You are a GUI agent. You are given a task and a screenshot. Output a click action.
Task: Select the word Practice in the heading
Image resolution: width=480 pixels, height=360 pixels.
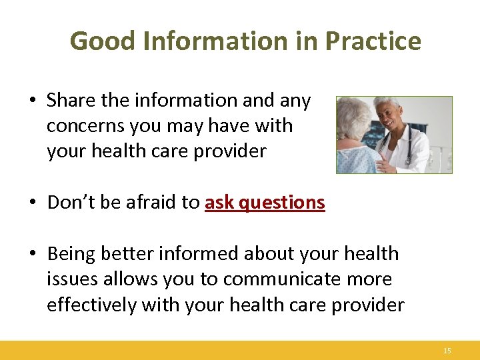coord(373,41)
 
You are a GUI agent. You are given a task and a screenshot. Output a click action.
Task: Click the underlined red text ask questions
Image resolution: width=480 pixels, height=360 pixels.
coord(265,203)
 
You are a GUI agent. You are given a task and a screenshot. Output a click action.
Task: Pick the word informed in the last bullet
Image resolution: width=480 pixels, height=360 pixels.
coord(199,254)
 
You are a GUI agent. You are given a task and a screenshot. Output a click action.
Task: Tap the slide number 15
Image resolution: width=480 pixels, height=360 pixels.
coord(447,351)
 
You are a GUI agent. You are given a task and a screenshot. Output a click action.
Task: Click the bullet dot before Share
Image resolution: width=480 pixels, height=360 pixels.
coord(33,101)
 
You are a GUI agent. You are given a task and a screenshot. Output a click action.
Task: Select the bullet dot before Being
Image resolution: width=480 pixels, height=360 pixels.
coord(33,255)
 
